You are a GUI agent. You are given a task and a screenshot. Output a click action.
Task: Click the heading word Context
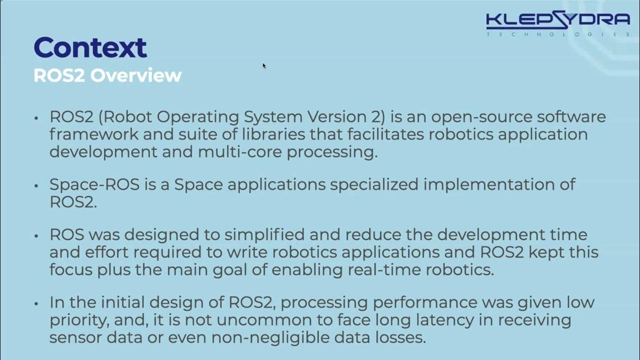click(x=90, y=47)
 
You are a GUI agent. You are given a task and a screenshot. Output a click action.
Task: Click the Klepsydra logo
click(x=557, y=20)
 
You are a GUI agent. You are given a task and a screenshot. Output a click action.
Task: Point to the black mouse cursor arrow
click(x=263, y=65)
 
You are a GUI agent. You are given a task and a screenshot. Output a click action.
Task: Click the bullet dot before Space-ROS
click(x=36, y=185)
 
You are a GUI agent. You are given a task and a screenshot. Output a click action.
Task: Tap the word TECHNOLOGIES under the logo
click(x=557, y=34)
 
